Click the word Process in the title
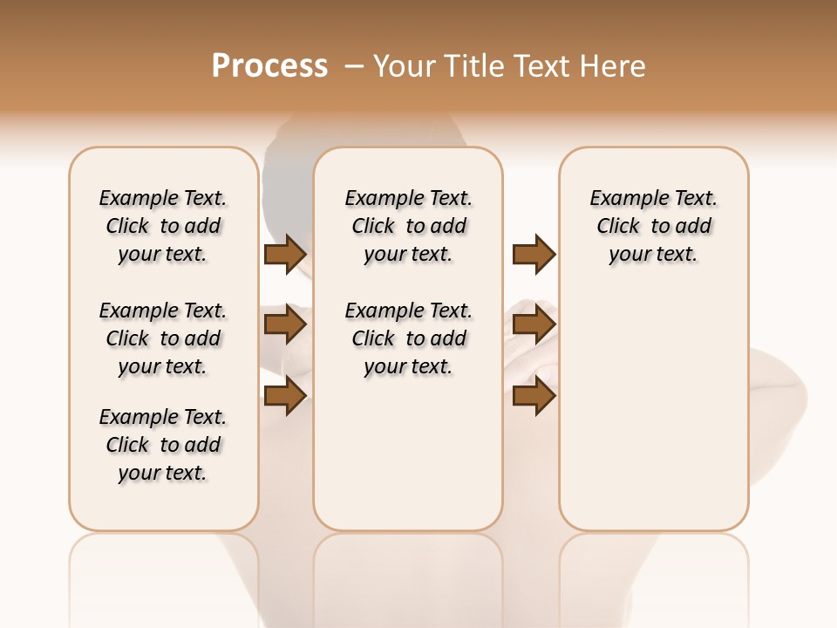(269, 66)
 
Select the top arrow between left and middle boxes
(285, 254)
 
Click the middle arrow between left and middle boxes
(285, 325)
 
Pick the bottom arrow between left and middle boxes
(285, 395)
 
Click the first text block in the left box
(163, 226)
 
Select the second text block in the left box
(163, 338)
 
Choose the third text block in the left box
(163, 445)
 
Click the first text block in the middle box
(408, 226)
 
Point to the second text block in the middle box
(408, 338)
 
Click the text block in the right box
(654, 226)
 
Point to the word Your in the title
(407, 66)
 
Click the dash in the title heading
(354, 66)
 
